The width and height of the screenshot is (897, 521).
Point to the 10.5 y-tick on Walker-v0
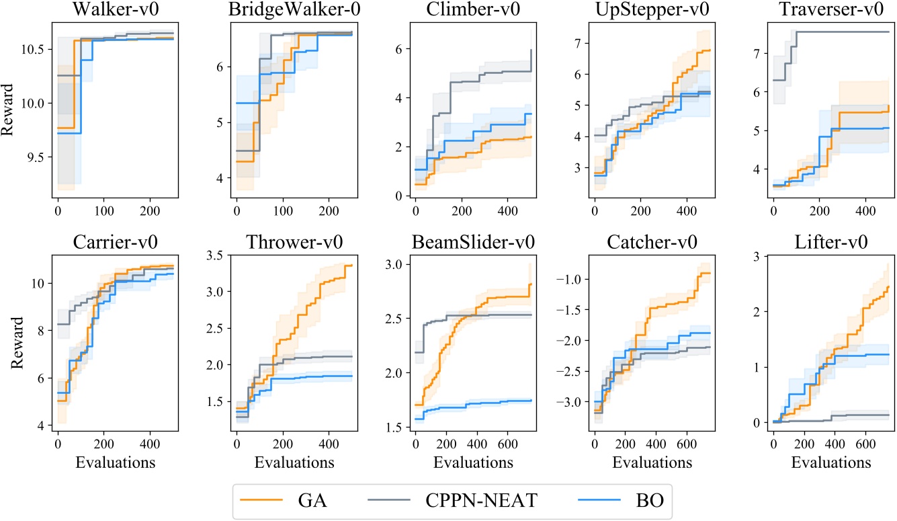(x=34, y=50)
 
